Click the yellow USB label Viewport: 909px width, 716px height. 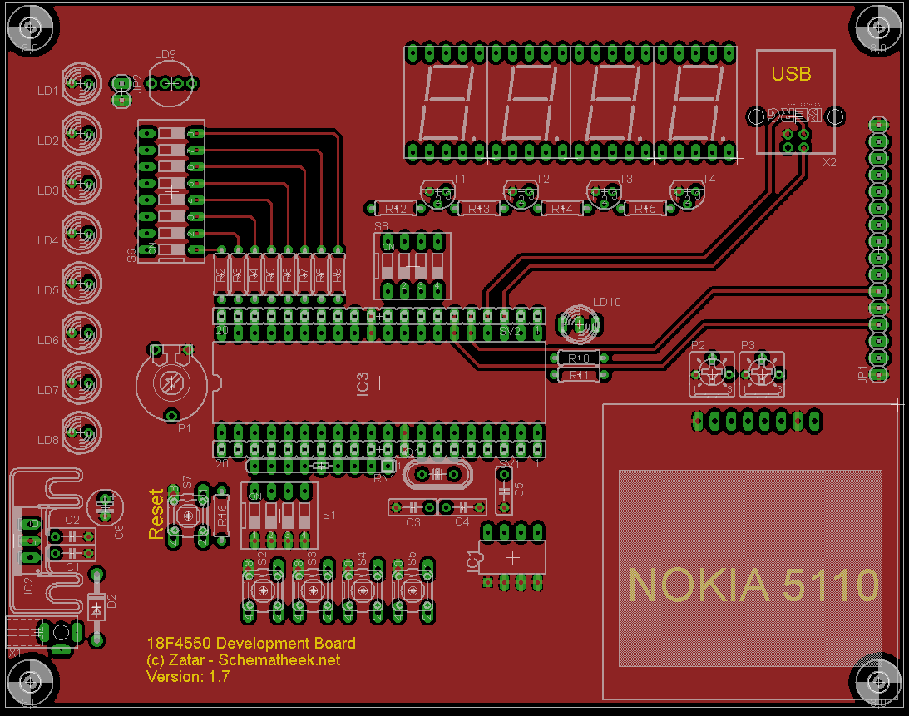pyautogui.click(x=791, y=73)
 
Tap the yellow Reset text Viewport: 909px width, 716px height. pyautogui.click(x=156, y=513)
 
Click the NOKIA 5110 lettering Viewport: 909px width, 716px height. pyautogui.click(x=753, y=585)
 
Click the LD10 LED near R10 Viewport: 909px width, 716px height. pyautogui.click(x=579, y=324)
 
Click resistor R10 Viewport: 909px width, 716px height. pyautogui.click(x=578, y=358)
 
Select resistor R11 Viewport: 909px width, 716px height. pyautogui.click(x=578, y=376)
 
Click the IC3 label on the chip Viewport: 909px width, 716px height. pyautogui.click(x=363, y=383)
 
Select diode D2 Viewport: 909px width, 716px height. pyautogui.click(x=97, y=608)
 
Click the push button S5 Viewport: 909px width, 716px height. pyautogui.click(x=412, y=590)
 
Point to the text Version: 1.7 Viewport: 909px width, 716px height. pyautogui.click(x=188, y=677)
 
